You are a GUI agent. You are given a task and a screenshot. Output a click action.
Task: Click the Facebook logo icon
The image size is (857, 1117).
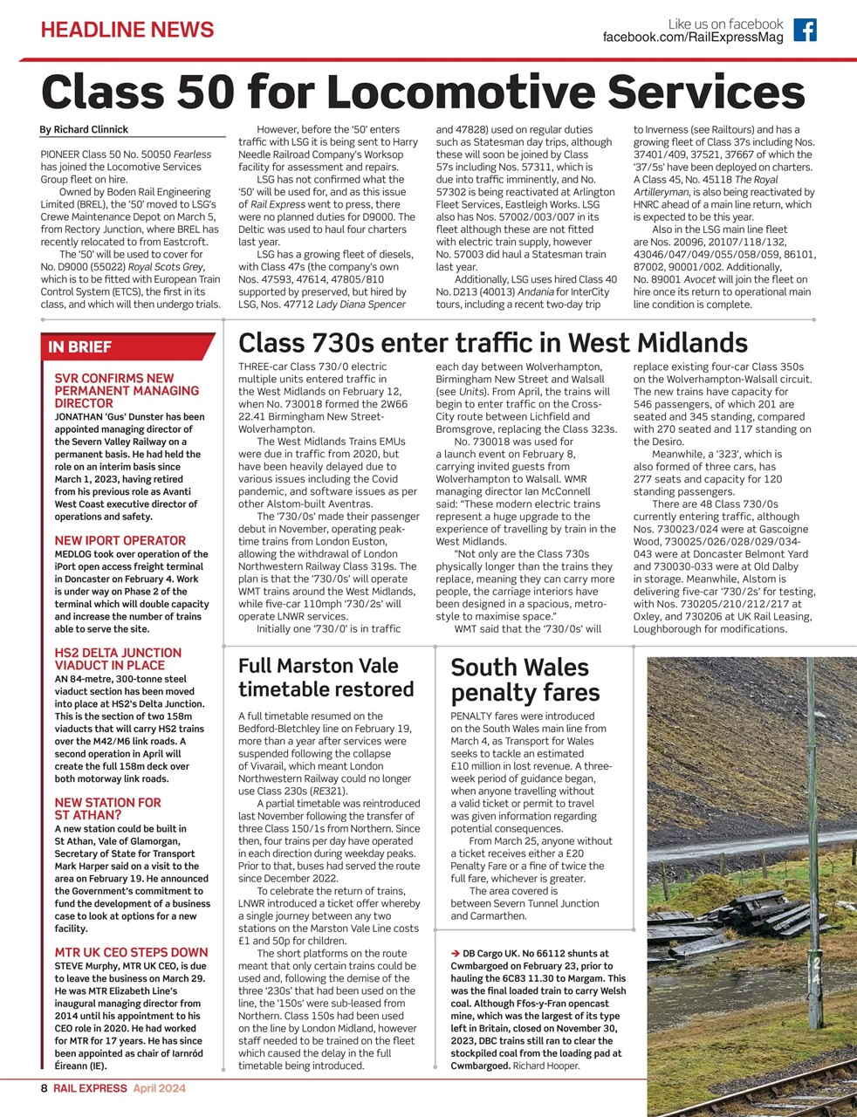click(805, 31)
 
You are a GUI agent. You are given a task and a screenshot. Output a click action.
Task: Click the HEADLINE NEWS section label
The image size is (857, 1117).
click(127, 30)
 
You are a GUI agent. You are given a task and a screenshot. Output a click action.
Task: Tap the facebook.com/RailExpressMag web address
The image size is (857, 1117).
click(693, 38)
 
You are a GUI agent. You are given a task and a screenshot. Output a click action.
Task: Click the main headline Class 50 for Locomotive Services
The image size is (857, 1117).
click(423, 92)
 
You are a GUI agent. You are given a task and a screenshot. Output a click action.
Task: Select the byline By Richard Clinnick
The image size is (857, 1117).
click(84, 129)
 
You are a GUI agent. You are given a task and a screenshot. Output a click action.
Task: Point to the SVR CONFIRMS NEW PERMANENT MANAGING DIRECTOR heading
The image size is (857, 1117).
click(127, 391)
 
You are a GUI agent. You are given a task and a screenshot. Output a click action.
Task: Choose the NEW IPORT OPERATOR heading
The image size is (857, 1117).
click(120, 540)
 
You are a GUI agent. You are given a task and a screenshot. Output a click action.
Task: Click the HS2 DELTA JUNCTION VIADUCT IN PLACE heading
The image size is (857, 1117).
click(118, 659)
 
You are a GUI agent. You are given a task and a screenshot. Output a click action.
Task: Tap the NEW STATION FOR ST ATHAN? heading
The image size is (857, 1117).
click(107, 809)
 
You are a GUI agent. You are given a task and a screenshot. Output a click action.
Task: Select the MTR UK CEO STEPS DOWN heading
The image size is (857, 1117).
click(131, 952)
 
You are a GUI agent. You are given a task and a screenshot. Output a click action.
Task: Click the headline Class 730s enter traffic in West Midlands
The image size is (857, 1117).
click(492, 341)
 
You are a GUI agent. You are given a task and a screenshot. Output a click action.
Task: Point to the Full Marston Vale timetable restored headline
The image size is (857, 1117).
click(326, 678)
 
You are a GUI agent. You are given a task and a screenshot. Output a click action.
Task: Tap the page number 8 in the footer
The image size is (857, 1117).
click(44, 1088)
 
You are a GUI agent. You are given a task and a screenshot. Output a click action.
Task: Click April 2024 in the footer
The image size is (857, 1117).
click(159, 1088)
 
